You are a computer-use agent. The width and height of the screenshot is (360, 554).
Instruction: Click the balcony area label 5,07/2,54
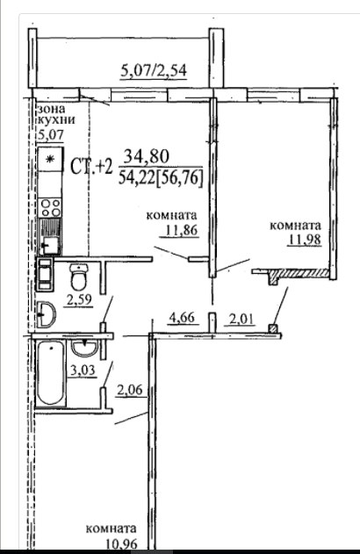pos(154,71)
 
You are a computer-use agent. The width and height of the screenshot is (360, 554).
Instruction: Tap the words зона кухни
pos(56,114)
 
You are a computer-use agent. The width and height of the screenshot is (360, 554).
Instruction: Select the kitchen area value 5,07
pos(51,134)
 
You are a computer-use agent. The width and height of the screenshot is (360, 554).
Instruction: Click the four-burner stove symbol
pos(50,207)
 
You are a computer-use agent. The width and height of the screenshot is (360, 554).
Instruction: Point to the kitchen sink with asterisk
pos(51,159)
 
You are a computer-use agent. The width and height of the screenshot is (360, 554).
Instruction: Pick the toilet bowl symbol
pos(79,277)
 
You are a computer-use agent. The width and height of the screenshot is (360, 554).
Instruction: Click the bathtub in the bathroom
pos(51,373)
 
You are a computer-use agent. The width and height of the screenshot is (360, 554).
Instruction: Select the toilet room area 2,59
pos(80,300)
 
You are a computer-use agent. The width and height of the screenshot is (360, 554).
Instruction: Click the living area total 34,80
pos(147,156)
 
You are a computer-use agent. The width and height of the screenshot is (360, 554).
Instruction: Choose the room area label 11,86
pos(181,230)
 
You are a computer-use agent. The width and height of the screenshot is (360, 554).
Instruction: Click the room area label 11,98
pos(305,240)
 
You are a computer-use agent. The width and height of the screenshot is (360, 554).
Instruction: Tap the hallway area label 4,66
pos(182,317)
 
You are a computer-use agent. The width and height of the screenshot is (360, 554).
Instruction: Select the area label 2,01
pos(241,319)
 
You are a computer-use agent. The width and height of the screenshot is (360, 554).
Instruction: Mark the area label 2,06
pos(129,390)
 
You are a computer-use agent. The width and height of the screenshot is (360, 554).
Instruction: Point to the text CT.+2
pos(91,166)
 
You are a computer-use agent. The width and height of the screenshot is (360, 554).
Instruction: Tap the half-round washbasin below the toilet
pos(46,313)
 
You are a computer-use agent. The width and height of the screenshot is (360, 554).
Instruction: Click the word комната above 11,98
pos(295,227)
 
